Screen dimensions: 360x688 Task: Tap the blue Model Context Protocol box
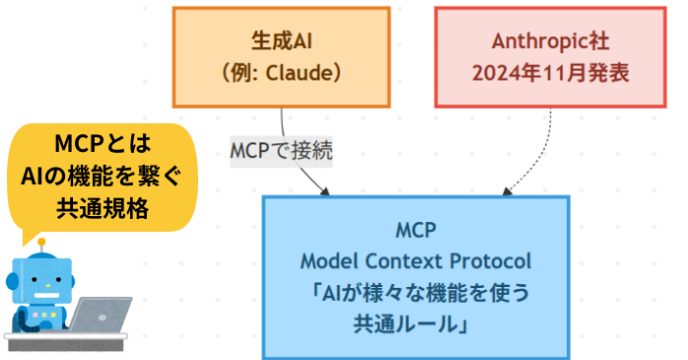point(415,277)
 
